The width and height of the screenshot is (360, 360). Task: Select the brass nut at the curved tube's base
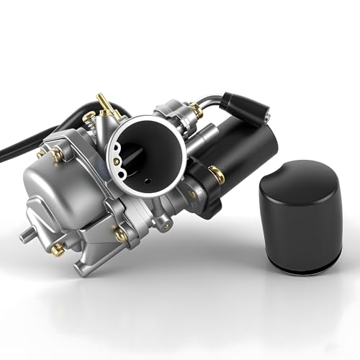click(x=194, y=110)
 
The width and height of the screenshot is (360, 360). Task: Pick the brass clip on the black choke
click(x=215, y=173)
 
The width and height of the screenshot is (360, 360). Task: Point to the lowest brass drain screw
click(x=57, y=249)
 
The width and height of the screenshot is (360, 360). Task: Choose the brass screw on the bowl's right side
click(x=121, y=235)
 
